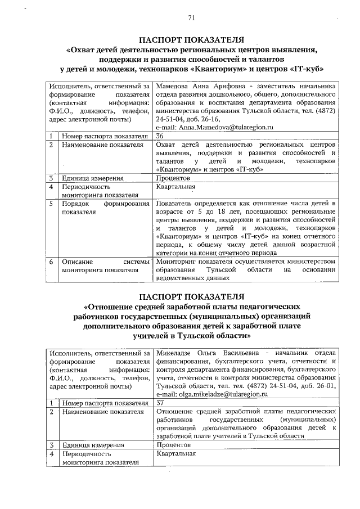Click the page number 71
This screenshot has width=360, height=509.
click(191, 18)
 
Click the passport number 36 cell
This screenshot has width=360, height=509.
click(160, 136)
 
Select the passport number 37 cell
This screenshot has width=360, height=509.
click(160, 402)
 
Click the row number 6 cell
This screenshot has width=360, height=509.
click(51, 262)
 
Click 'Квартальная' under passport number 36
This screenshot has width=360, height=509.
click(175, 186)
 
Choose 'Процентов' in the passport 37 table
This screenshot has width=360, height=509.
click(174, 444)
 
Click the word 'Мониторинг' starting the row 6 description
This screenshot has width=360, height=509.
click(177, 261)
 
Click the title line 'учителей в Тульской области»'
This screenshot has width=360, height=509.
click(191, 335)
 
